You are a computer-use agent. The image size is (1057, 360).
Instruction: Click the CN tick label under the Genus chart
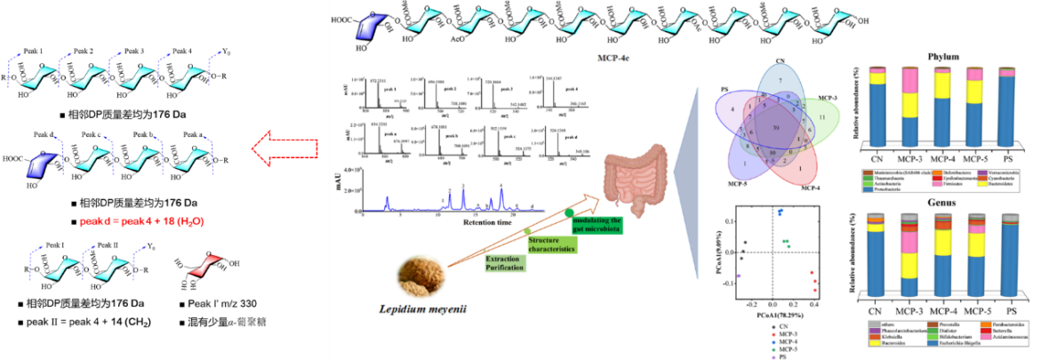coord(877,311)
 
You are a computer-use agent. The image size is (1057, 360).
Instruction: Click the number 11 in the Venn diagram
coord(822,117)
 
